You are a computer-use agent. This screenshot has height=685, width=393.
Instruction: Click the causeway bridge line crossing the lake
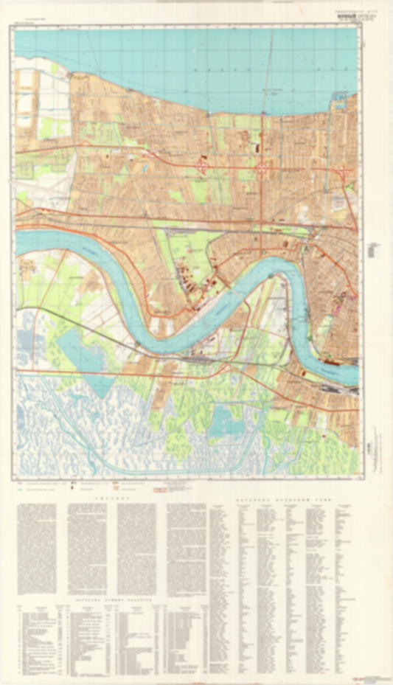269,66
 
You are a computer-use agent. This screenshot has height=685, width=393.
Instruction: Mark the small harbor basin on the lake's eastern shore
340,97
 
